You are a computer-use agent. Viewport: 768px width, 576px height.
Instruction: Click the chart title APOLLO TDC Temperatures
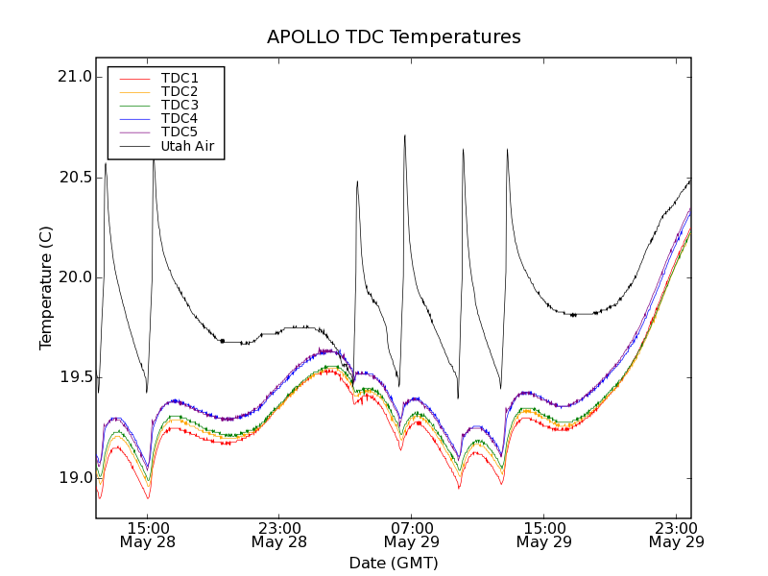click(x=394, y=37)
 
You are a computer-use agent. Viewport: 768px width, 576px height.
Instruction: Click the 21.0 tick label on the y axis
click(x=74, y=77)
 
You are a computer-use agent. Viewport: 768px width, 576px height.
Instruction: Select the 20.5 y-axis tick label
click(x=74, y=178)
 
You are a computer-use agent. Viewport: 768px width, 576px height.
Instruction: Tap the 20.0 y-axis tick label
click(x=74, y=277)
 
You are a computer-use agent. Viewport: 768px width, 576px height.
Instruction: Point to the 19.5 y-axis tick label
click(x=74, y=377)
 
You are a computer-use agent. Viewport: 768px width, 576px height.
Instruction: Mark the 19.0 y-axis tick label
click(x=74, y=478)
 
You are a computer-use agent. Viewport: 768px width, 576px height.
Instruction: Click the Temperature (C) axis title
click(x=46, y=288)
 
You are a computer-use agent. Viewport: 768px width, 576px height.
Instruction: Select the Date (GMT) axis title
click(x=394, y=563)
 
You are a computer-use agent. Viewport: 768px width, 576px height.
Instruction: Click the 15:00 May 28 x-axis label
click(x=147, y=535)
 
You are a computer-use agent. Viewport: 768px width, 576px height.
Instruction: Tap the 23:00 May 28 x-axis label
click(x=279, y=535)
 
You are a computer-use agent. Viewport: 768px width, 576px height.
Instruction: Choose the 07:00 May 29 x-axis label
click(x=412, y=535)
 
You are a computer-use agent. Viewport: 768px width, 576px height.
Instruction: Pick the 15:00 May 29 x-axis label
click(x=544, y=535)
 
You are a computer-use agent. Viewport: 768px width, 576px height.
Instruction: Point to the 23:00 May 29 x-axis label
click(x=677, y=535)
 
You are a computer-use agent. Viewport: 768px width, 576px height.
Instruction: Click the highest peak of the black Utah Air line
click(x=404, y=135)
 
